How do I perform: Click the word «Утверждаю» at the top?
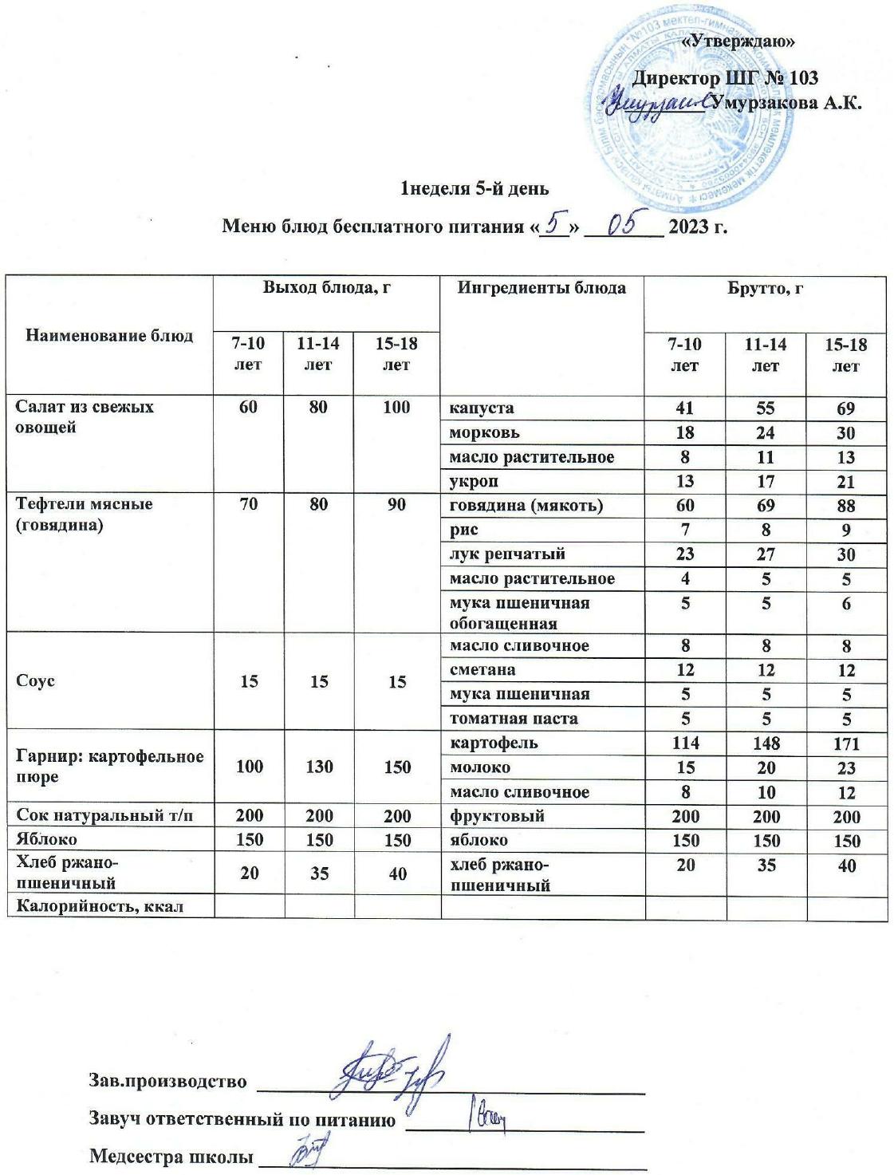[x=740, y=40]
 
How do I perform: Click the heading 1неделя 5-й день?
[x=474, y=189]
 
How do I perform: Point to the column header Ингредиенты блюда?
[x=541, y=288]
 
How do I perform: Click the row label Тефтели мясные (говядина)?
[x=84, y=515]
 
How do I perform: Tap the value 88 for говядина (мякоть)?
[x=846, y=506]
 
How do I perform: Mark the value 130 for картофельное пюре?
[x=317, y=767]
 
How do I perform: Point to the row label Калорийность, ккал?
[x=100, y=906]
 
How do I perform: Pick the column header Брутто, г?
[x=765, y=288]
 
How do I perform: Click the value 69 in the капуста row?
[x=846, y=409]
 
